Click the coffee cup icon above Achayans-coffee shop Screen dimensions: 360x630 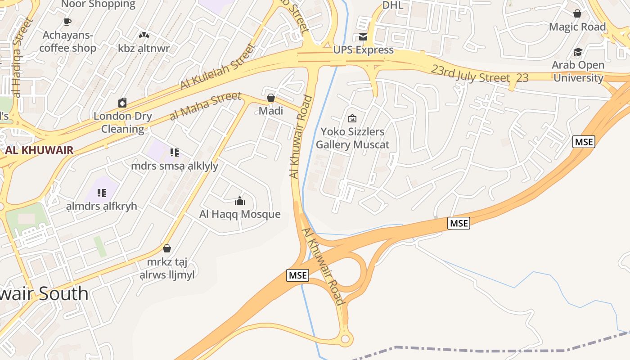coord(67,22)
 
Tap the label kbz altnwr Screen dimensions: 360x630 coord(144,48)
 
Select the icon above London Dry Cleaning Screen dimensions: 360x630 coord(122,103)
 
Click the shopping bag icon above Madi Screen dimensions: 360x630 coord(271,97)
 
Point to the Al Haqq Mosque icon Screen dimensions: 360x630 coord(240,201)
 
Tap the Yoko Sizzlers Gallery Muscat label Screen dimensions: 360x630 coord(352,138)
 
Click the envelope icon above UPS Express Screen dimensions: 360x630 coord(363,37)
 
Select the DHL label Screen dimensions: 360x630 coord(393,5)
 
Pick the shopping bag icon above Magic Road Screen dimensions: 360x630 coord(577,13)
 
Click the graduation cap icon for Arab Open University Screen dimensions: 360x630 coord(578,52)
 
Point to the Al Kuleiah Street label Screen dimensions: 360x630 coord(218,66)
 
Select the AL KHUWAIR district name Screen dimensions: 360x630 coord(39,150)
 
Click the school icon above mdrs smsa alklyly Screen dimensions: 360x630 coord(175,153)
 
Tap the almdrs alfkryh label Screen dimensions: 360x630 coord(101,206)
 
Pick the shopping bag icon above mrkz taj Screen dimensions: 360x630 coord(167,248)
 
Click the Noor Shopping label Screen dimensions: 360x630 coord(98,4)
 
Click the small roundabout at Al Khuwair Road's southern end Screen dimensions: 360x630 coord(346,339)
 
